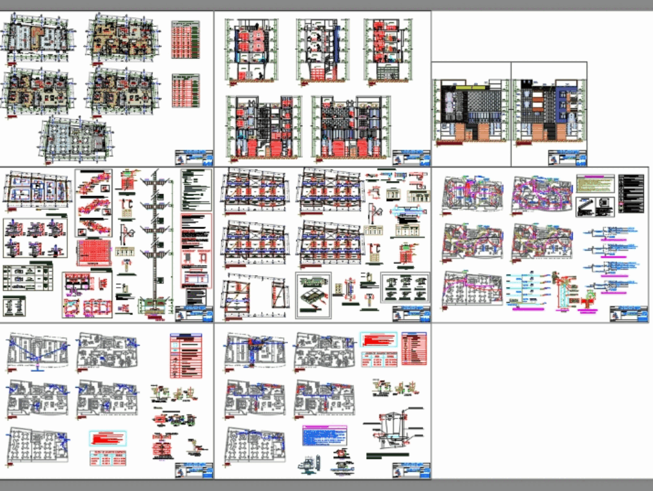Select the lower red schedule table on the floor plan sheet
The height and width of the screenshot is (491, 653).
[185, 90]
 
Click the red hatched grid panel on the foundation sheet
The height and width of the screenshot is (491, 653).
[95, 252]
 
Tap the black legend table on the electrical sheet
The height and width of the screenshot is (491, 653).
[630, 194]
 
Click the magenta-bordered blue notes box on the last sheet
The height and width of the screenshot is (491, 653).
[324, 435]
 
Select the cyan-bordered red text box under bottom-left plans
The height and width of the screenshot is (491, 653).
[107, 439]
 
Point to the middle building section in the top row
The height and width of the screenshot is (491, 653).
[319, 48]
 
